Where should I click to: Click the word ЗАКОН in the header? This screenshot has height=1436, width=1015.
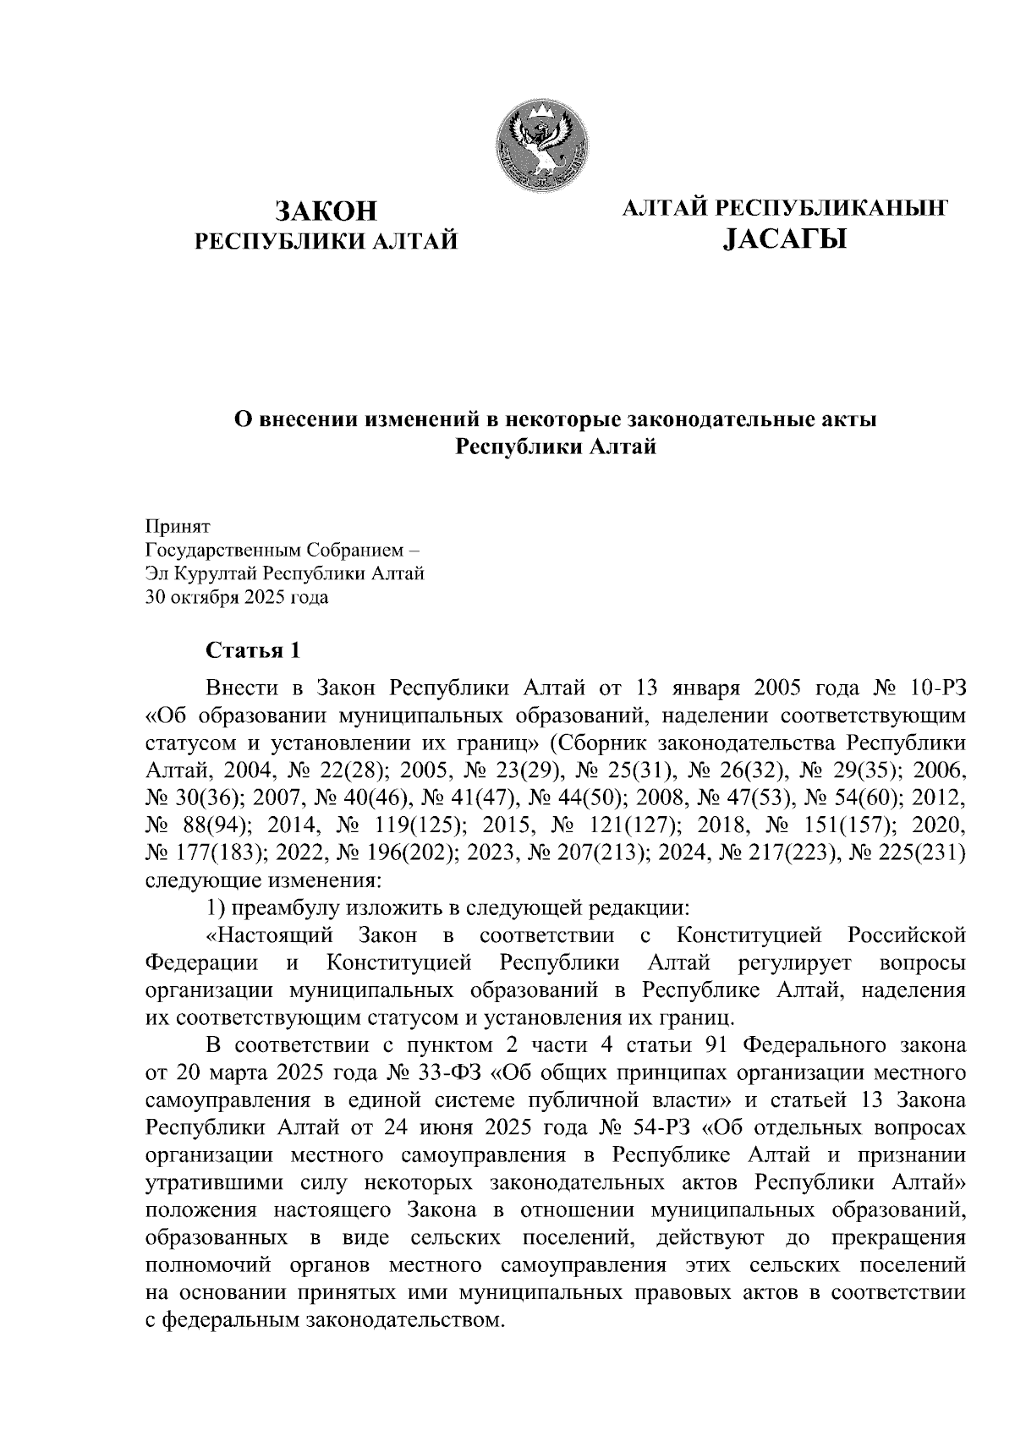pos(326,211)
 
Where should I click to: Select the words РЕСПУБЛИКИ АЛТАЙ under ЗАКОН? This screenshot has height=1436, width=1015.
pos(326,242)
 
